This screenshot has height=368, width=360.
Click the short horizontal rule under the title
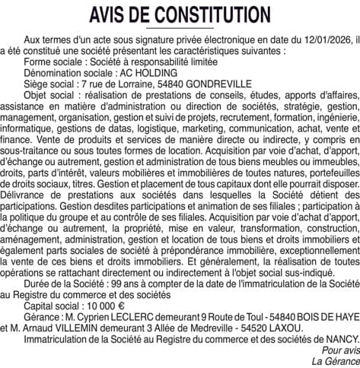[x=180, y=27]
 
